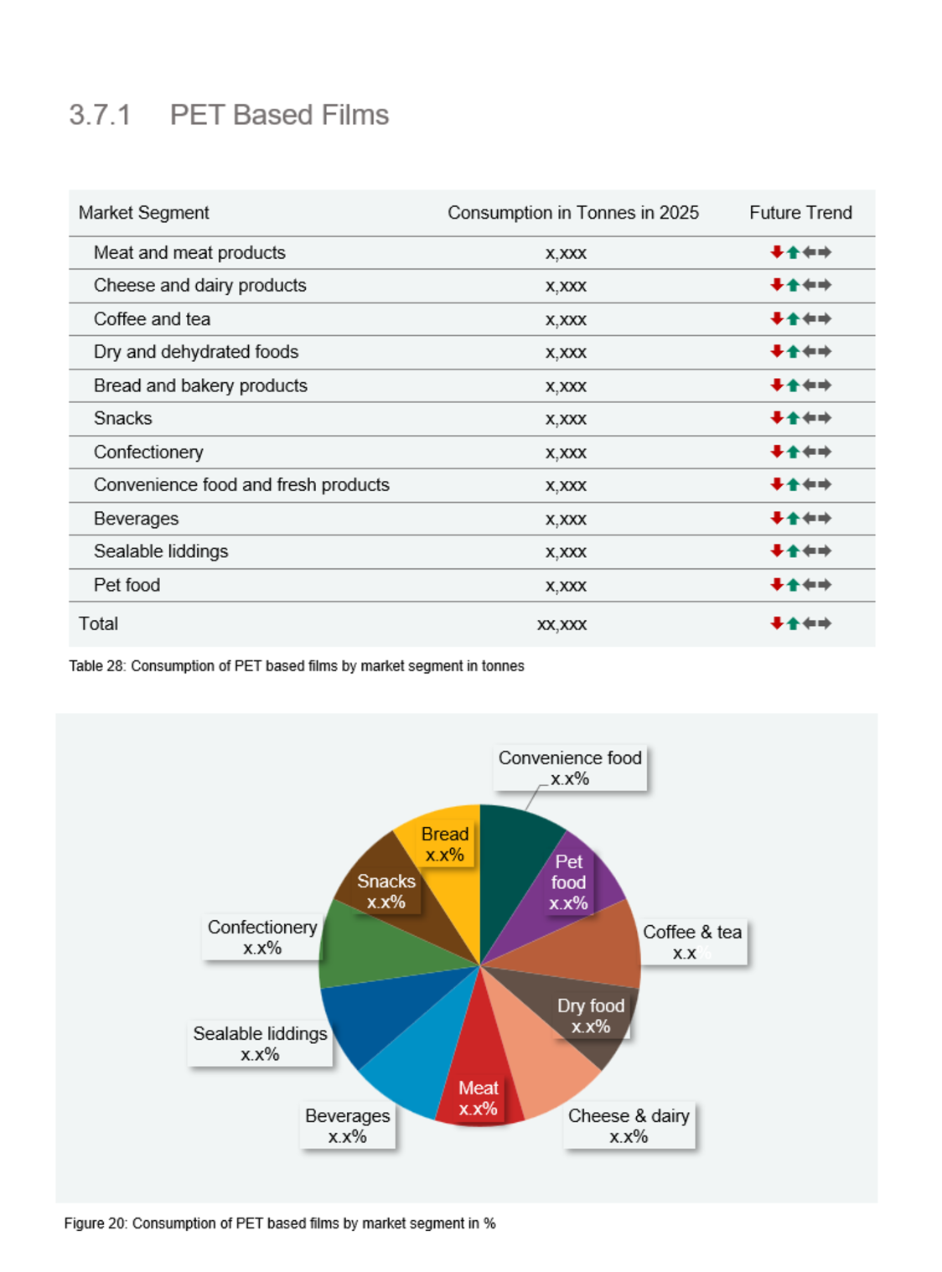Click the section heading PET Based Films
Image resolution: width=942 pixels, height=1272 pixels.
tap(278, 115)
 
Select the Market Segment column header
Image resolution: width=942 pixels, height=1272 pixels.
tap(143, 213)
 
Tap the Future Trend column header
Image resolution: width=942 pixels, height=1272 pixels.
tap(800, 213)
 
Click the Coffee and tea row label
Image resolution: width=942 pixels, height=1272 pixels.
tap(152, 319)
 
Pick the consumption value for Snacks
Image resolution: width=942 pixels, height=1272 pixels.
tap(566, 419)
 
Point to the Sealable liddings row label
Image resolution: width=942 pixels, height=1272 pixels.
tap(161, 551)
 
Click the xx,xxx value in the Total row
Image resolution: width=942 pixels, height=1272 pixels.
tap(562, 624)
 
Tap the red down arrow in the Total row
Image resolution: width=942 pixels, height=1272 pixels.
tap(777, 623)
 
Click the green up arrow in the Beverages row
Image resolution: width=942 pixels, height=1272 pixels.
tap(793, 519)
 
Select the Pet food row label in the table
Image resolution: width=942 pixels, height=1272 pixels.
tap(127, 585)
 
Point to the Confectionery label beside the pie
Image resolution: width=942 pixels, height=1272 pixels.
tap(262, 937)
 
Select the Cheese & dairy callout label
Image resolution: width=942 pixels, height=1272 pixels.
tap(629, 1125)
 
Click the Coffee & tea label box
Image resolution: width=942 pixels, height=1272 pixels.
tap(692, 942)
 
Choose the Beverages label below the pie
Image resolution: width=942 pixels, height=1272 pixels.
tap(347, 1125)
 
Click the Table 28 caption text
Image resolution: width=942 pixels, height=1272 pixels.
tap(297, 666)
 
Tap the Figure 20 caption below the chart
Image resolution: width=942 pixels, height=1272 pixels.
tap(280, 1223)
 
